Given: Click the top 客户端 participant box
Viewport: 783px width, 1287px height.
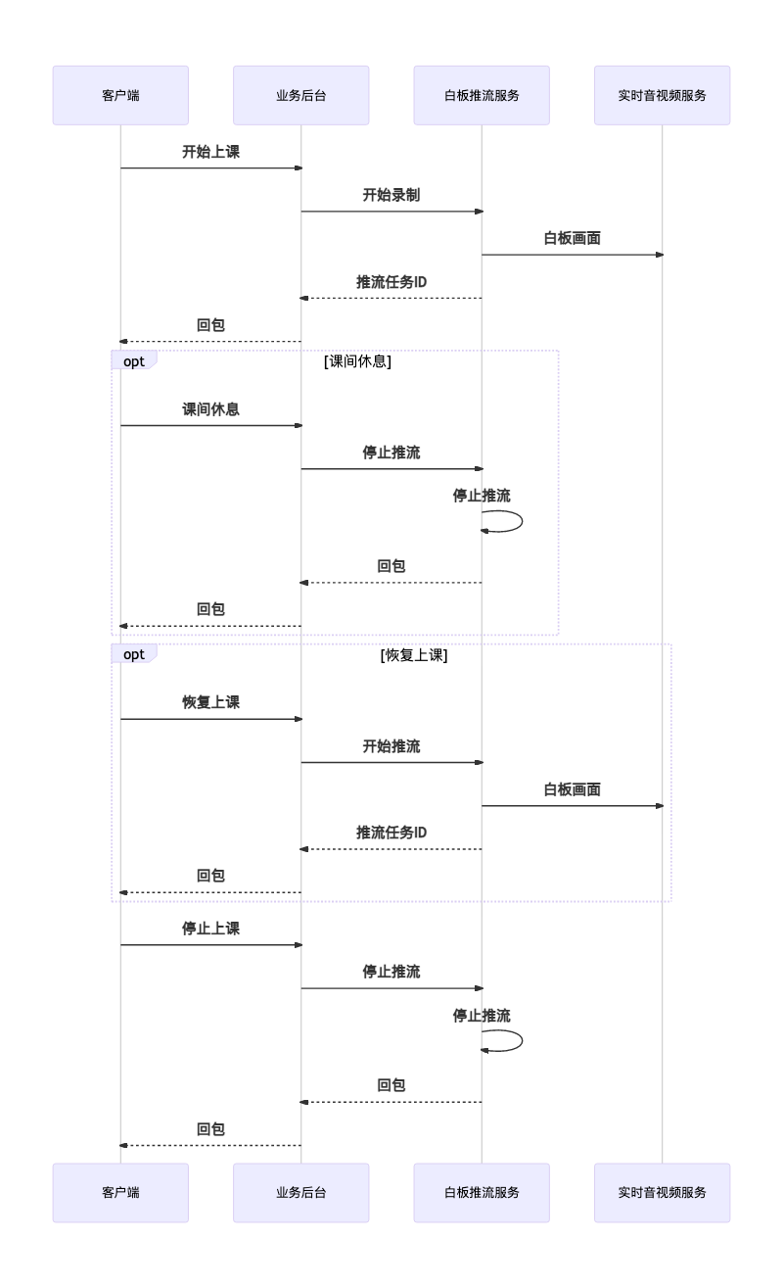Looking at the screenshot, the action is click(120, 95).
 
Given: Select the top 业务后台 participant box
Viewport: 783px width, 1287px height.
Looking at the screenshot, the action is click(300, 95).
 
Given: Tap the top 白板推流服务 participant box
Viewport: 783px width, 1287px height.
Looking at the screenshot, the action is click(482, 95).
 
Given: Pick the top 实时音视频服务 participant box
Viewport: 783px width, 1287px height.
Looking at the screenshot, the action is click(662, 95).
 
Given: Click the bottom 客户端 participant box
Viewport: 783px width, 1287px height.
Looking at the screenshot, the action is click(120, 1193).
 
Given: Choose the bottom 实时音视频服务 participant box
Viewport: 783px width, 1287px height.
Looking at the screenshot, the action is click(662, 1193).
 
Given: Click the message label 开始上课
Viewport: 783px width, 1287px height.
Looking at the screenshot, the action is click(210, 152).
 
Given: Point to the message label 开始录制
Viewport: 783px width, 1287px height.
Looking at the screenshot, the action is click(391, 195).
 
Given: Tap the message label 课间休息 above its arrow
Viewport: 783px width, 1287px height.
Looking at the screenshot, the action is click(210, 409).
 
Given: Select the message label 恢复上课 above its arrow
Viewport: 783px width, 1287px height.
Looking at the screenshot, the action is click(210, 702).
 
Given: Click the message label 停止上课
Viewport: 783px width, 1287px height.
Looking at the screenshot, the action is click(210, 929).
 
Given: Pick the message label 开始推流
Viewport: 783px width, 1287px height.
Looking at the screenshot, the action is click(391, 746).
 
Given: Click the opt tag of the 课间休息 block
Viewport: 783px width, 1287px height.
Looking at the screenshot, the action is click(134, 360).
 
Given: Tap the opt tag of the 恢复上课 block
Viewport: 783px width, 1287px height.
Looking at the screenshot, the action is click(134, 654).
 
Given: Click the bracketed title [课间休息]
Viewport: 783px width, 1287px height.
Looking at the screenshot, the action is click(357, 360).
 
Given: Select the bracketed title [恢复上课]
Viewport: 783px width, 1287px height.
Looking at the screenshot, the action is click(414, 655).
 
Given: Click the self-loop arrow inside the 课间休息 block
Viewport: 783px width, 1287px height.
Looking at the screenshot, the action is click(522, 521).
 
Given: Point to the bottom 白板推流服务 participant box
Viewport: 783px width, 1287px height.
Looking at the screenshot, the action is click(482, 1193).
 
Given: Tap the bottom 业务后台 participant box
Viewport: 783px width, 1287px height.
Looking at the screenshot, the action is click(300, 1193).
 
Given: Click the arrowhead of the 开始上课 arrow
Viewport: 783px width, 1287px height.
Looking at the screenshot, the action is click(299, 168).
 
